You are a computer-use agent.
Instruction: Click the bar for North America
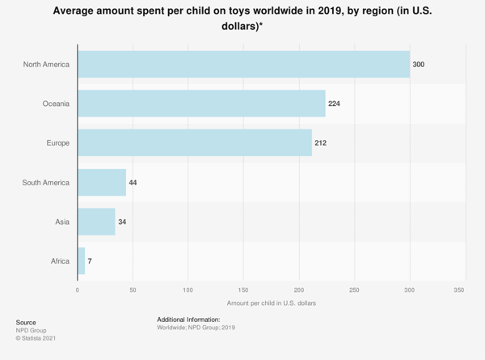(x=243, y=64)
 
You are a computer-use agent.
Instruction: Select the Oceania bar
(x=201, y=104)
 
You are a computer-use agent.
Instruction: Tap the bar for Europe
(x=195, y=143)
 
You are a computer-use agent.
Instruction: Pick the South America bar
(x=102, y=183)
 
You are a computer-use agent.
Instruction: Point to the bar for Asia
(x=96, y=222)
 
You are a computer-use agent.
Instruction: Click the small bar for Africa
(x=81, y=261)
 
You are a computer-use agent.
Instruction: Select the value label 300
(x=418, y=64)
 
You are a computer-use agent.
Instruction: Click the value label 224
(x=334, y=104)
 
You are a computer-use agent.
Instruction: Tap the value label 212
(x=320, y=143)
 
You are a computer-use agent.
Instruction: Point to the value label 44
(x=133, y=183)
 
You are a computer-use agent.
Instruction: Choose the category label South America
(x=46, y=183)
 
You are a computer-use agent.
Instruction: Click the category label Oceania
(x=56, y=104)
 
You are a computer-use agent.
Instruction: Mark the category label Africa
(x=59, y=261)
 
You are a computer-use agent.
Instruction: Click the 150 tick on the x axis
(x=243, y=289)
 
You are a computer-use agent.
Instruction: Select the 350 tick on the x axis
(x=459, y=289)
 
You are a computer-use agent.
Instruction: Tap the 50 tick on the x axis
(x=133, y=289)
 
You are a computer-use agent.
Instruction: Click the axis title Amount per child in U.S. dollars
(x=272, y=303)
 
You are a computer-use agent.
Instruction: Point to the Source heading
(x=26, y=322)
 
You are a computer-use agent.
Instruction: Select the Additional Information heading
(x=188, y=320)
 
